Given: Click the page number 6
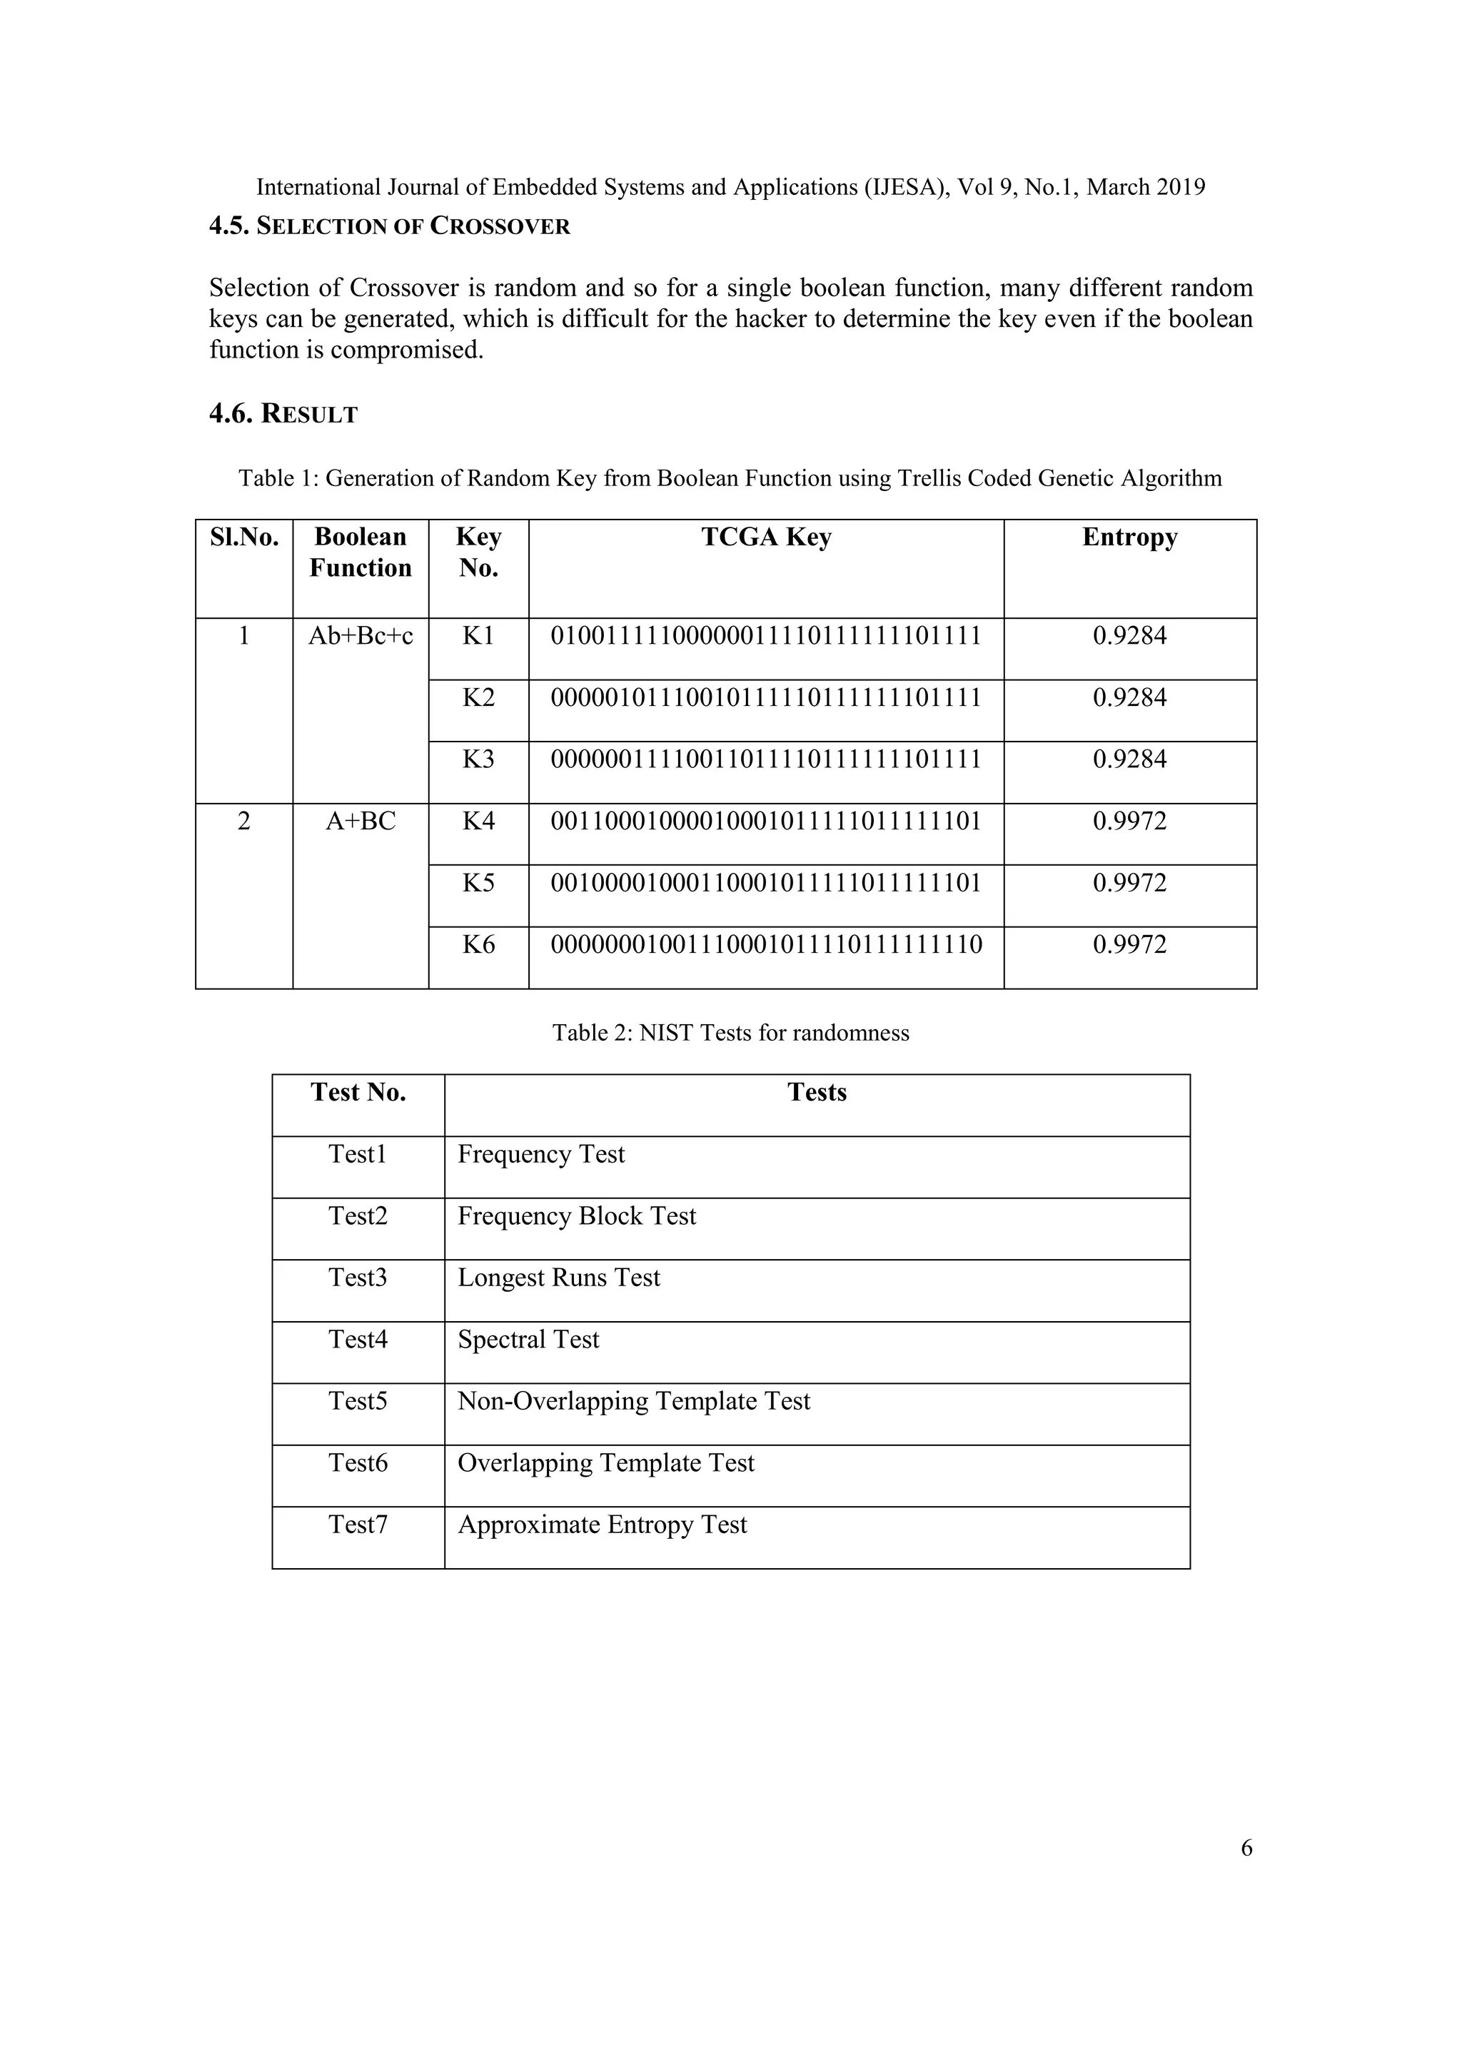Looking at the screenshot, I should [x=1246, y=1847].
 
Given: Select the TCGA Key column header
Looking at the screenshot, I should [x=766, y=537].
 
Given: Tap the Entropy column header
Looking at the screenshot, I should [x=1130, y=537].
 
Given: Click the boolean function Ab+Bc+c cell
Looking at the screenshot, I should [x=360, y=637].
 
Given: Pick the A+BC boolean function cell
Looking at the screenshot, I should [x=360, y=821].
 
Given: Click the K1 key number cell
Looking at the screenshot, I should [x=478, y=637].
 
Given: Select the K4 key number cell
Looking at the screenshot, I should [x=478, y=821].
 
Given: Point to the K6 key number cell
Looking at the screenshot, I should [x=478, y=944].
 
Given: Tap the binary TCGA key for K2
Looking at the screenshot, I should [x=766, y=698].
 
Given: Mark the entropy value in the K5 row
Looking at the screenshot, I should [x=1130, y=883].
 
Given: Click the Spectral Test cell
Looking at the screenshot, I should [x=528, y=1340].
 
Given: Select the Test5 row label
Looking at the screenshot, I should [x=358, y=1402].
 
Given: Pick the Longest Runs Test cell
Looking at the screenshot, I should [x=559, y=1278].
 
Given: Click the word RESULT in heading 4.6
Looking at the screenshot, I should [x=310, y=414].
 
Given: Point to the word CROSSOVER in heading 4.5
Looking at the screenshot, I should [x=500, y=226].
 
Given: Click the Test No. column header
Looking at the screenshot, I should [x=358, y=1093].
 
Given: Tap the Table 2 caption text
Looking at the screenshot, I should [x=730, y=1033].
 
